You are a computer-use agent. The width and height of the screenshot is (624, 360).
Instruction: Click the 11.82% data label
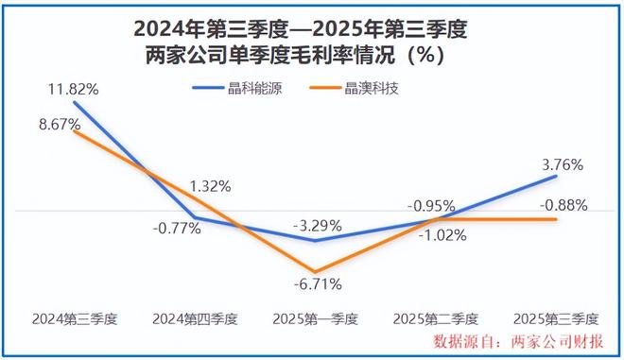(73, 89)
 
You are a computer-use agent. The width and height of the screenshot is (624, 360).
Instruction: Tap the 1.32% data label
(208, 186)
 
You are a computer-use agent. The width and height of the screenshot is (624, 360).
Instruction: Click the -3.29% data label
(317, 226)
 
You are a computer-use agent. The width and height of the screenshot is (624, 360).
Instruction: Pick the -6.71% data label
(317, 283)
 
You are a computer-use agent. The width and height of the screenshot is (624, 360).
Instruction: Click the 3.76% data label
(560, 163)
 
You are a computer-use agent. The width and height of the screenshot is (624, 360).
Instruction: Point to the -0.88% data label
(563, 204)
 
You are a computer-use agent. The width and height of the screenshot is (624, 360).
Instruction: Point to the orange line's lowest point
(316, 271)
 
